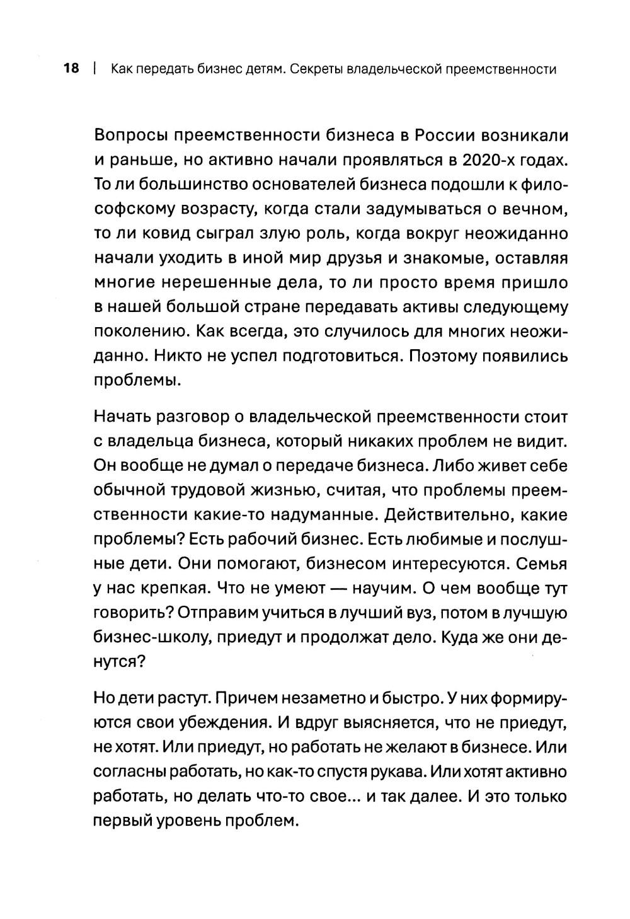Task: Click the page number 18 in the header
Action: [x=71, y=69]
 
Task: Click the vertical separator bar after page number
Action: [x=93, y=69]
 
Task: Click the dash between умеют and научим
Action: [x=337, y=588]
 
